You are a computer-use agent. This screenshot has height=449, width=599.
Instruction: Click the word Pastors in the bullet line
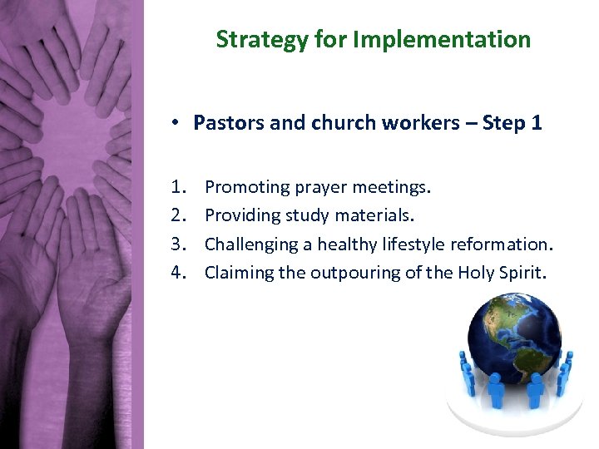pos(223,123)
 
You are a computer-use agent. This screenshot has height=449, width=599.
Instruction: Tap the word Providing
pos(239,215)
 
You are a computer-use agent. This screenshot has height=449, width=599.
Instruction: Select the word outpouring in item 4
pos(354,272)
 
